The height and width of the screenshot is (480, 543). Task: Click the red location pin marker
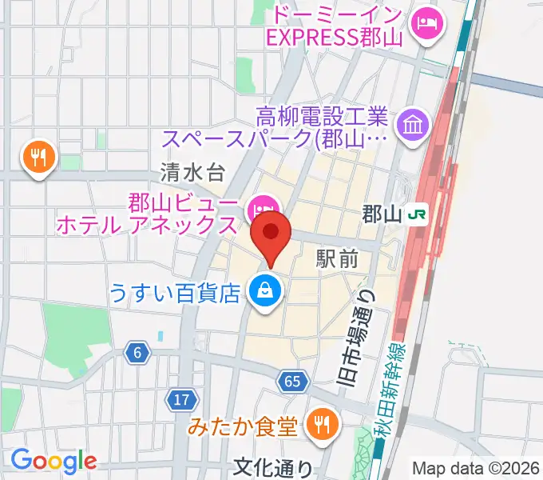(x=271, y=234)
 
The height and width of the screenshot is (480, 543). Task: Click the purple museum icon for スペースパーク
(x=416, y=125)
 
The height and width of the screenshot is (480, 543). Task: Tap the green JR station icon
(x=417, y=214)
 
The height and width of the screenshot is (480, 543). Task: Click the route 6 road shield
(x=137, y=352)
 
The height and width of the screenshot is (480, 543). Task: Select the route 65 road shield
(x=292, y=382)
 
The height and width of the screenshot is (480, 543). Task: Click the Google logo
(x=53, y=462)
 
